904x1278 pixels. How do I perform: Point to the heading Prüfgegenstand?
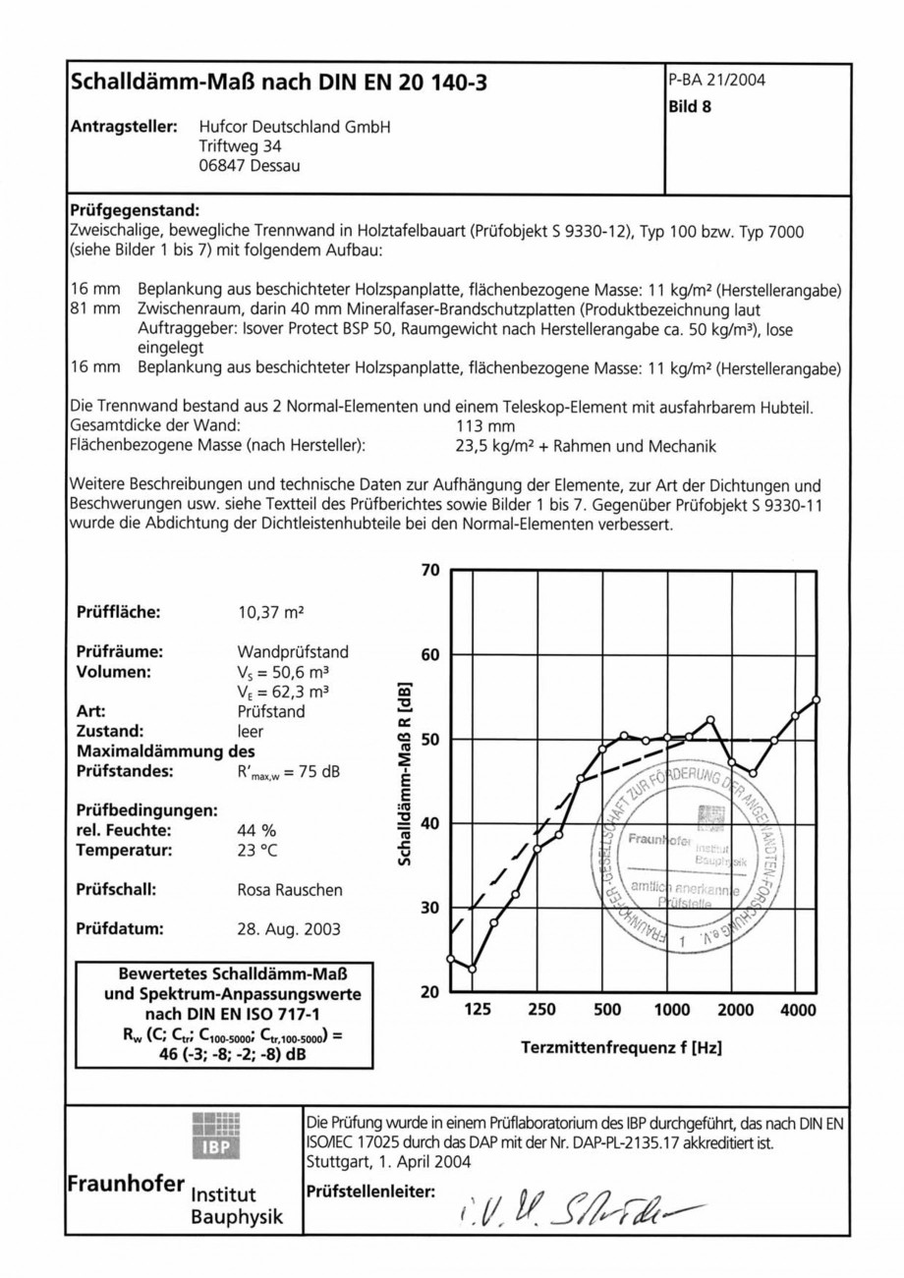(x=135, y=210)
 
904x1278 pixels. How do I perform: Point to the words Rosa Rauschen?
(x=290, y=890)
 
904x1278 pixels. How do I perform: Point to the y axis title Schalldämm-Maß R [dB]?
(x=404, y=774)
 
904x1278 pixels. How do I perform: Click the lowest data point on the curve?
(x=472, y=969)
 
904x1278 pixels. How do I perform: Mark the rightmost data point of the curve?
(x=816, y=699)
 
